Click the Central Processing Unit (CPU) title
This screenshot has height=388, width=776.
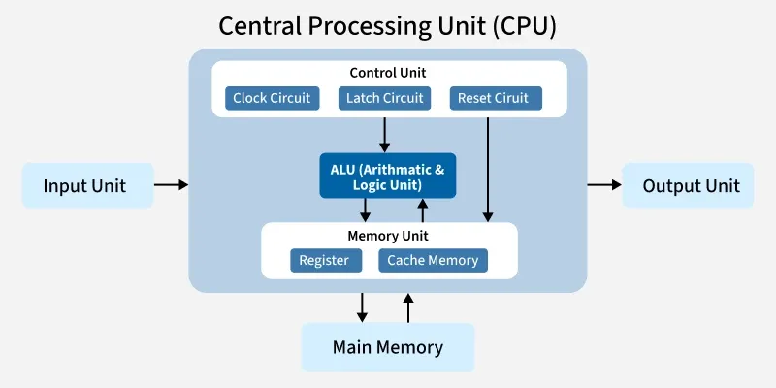(388, 25)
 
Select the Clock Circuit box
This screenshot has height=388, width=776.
(272, 98)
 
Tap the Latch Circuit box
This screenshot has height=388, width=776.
(383, 98)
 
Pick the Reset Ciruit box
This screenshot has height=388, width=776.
(495, 98)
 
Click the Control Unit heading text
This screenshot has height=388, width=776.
(388, 73)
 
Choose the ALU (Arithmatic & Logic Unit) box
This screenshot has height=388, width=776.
(388, 177)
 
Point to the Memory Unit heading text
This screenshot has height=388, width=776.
(388, 236)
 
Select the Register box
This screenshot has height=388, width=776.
(325, 260)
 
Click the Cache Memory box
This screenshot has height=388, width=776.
(433, 260)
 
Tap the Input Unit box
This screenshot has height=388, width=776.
(88, 185)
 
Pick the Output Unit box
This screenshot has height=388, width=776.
(691, 185)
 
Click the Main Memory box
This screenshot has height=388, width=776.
(388, 347)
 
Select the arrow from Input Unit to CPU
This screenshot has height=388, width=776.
(172, 183)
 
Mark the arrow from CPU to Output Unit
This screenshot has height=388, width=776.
(603, 183)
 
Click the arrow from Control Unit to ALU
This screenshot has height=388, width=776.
(385, 135)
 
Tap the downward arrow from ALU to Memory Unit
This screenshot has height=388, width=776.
(366, 210)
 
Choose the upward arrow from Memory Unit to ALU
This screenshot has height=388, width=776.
(422, 210)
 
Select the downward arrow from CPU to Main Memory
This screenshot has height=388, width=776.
(362, 307)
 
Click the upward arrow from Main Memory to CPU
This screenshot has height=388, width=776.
(408, 307)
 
